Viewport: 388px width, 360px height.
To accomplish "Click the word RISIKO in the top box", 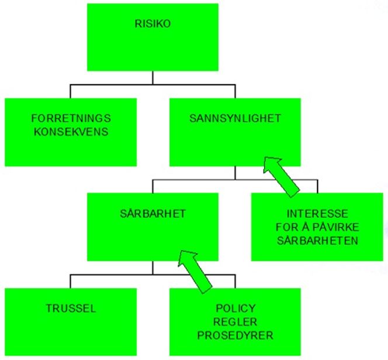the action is pyautogui.click(x=153, y=24).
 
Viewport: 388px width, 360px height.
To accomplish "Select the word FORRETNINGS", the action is pyautogui.click(x=71, y=118).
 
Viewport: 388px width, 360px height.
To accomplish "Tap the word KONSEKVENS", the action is pyautogui.click(x=71, y=131).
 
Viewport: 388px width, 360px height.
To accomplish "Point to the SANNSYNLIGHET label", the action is pyautogui.click(x=235, y=118).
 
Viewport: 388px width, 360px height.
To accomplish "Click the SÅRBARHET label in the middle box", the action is pyautogui.click(x=153, y=213).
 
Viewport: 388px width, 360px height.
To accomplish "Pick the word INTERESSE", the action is pyautogui.click(x=317, y=214).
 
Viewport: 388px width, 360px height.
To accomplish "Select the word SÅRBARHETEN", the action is pyautogui.click(x=317, y=241).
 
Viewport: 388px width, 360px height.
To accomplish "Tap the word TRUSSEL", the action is pyautogui.click(x=71, y=309).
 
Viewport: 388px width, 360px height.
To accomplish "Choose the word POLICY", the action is pyautogui.click(x=235, y=309).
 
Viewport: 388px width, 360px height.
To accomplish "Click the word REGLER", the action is pyautogui.click(x=235, y=322).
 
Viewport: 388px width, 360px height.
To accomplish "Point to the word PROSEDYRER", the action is pyautogui.click(x=235, y=335).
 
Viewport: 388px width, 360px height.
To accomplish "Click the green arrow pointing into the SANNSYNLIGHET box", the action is pyautogui.click(x=281, y=176).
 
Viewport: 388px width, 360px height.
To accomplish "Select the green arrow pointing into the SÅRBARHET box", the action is pyautogui.click(x=195, y=272).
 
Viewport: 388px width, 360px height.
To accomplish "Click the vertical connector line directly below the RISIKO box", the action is pyautogui.click(x=153, y=78).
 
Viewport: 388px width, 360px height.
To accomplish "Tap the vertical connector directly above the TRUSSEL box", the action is pyautogui.click(x=70, y=281).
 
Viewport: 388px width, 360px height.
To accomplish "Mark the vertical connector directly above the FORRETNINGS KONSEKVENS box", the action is pyautogui.click(x=70, y=92).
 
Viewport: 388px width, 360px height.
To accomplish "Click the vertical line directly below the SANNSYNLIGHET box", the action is pyautogui.click(x=235, y=173).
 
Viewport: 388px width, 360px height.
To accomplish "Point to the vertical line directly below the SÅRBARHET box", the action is pyautogui.click(x=153, y=268).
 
